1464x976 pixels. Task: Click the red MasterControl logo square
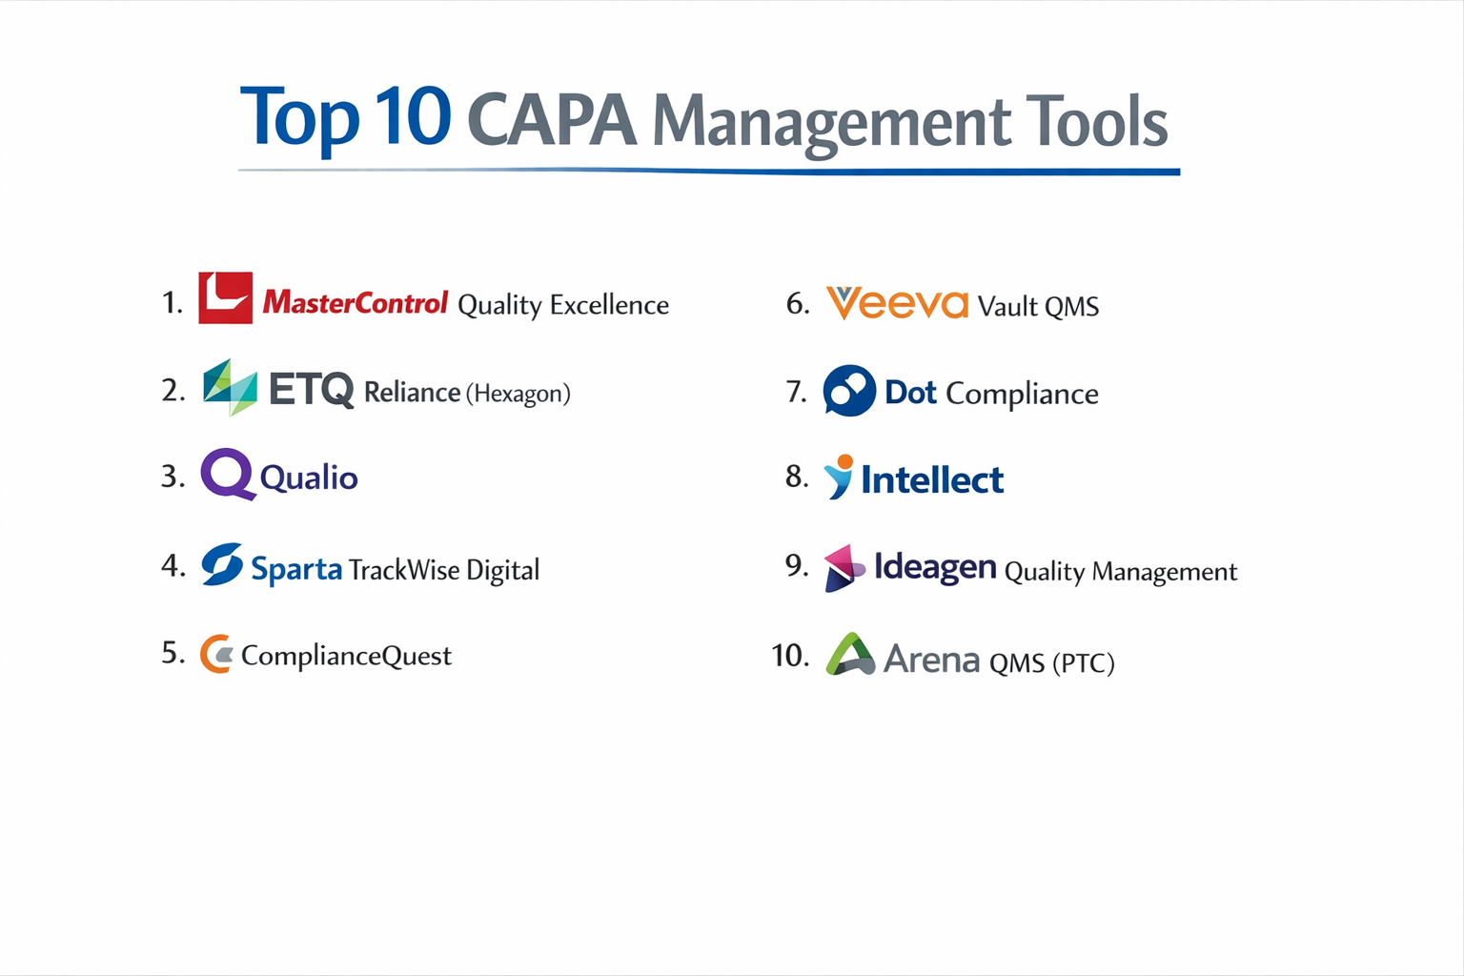point(225,298)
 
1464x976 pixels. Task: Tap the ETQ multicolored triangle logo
point(230,387)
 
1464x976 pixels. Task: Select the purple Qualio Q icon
point(227,474)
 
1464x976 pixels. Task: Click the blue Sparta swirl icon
point(222,564)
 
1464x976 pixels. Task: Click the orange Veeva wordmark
point(897,304)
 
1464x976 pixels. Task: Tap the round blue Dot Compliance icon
point(848,391)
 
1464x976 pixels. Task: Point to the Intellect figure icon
point(839,477)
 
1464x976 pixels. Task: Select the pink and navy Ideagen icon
point(844,568)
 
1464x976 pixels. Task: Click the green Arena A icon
point(849,655)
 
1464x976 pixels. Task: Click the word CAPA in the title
point(552,122)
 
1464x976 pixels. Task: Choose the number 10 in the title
point(413,117)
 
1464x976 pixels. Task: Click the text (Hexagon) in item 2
point(518,393)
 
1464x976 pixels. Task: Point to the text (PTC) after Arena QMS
point(1083,662)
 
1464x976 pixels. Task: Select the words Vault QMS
point(1038,306)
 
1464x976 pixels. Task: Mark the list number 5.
point(173,653)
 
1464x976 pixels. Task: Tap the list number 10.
point(790,656)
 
